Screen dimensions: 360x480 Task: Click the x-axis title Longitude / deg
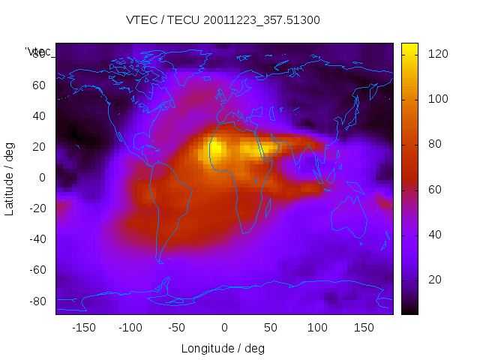pos(223,349)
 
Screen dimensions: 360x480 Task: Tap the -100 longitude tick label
pos(130,328)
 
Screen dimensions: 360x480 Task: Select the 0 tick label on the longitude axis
pos(223,328)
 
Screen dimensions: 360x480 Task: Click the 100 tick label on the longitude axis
pos(317,328)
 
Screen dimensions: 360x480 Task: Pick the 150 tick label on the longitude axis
pos(364,328)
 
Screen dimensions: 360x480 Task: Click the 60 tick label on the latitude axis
pos(39,85)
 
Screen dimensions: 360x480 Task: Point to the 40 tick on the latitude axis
pos(39,115)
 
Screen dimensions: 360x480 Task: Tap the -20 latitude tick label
pos(37,208)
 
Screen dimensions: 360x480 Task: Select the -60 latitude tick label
pos(37,270)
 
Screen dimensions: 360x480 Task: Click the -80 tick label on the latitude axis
pos(37,301)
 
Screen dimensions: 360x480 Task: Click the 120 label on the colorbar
pos(438,54)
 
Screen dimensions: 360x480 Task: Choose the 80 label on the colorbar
pos(435,145)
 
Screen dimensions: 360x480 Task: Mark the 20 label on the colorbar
pos(435,280)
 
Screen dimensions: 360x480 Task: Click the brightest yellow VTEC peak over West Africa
pos(216,148)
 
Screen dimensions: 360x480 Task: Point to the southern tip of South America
pos(159,260)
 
